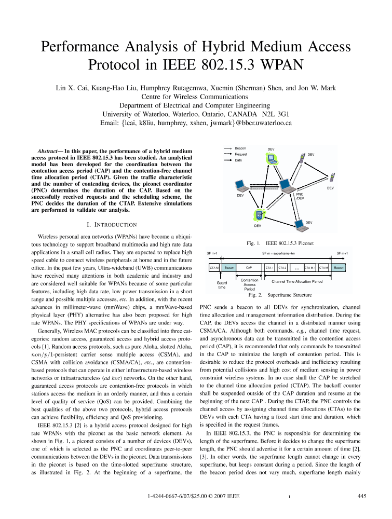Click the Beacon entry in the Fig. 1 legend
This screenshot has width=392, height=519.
(x=240, y=148)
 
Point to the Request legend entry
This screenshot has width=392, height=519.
(x=240, y=154)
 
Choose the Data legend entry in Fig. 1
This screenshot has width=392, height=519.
(x=238, y=160)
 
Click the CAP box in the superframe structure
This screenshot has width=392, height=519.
(x=249, y=268)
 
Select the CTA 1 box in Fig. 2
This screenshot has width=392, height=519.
(x=269, y=268)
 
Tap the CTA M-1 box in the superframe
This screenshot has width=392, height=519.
(x=310, y=268)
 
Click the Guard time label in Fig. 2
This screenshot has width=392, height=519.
(x=222, y=285)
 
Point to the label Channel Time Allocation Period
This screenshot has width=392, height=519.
(x=298, y=281)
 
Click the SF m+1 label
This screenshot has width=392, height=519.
(x=342, y=253)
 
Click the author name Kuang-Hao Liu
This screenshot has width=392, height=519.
(x=118, y=87)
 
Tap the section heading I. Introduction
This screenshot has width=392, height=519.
(x=113, y=225)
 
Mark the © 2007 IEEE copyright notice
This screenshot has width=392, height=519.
(x=223, y=497)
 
